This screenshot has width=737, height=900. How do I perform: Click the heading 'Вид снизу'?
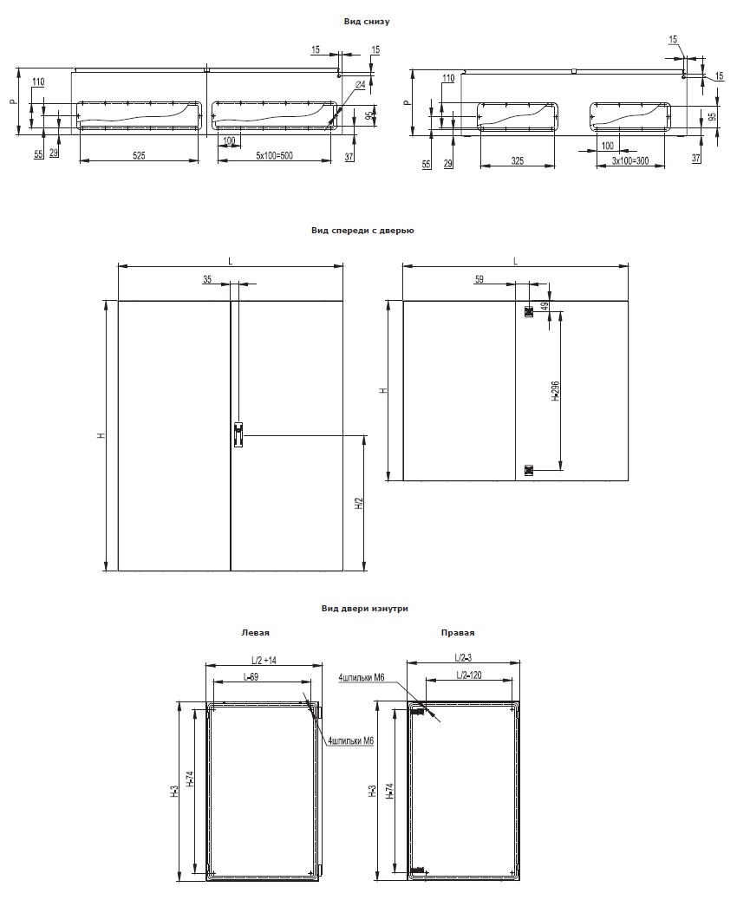coord(366,21)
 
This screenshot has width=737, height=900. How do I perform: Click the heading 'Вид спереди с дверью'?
coord(362,231)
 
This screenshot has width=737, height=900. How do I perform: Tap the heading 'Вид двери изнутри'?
coord(364,609)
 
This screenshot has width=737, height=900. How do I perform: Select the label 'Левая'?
coord(255,633)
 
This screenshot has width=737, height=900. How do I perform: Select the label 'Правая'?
coord(458,633)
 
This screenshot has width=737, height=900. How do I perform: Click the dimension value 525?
coord(139,155)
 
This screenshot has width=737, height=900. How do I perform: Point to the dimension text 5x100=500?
coord(274,155)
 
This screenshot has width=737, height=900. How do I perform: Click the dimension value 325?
coord(517,160)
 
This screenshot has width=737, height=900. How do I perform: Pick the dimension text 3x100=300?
coord(630,160)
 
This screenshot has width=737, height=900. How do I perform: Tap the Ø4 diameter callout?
coord(360,85)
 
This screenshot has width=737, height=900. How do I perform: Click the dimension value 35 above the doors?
coord(207,279)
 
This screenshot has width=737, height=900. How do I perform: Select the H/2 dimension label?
coord(359,504)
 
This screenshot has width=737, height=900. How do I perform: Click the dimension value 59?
coord(479,279)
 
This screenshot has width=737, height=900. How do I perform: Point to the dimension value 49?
coord(545,306)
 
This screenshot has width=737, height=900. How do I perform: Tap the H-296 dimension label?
coord(556,390)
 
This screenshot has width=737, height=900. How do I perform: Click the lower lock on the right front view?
coord(529,471)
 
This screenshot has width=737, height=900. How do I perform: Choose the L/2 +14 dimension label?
coord(264,661)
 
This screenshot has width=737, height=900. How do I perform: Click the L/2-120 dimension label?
coord(468,675)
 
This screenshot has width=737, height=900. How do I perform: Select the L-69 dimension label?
coord(250,676)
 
